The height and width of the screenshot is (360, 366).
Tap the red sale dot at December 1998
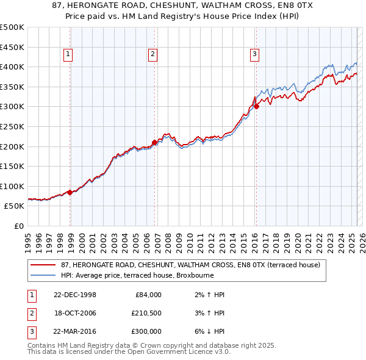[x=70, y=192]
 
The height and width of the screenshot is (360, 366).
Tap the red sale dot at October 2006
[x=154, y=142]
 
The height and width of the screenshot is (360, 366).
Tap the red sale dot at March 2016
[x=256, y=106]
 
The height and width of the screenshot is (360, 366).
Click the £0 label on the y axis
[x=18, y=226]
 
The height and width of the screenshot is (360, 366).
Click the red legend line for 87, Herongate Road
[x=43, y=265]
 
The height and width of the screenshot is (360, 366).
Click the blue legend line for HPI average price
[x=43, y=275]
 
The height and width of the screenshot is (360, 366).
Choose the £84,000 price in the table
[x=147, y=295]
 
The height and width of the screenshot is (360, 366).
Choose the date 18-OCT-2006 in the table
[x=75, y=313]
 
